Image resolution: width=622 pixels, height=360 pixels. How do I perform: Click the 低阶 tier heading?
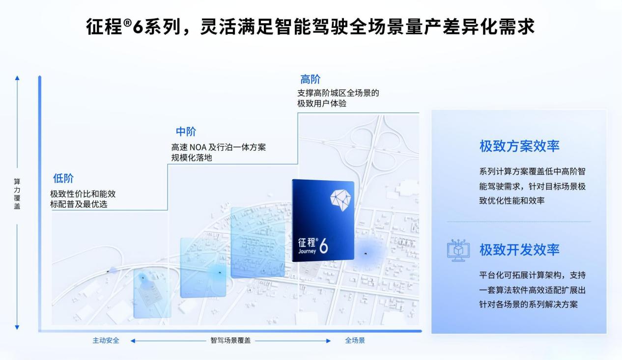[x=63, y=178]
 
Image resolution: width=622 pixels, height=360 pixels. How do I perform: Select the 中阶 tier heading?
[x=186, y=131]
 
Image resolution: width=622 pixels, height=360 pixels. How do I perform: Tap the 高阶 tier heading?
[x=310, y=80]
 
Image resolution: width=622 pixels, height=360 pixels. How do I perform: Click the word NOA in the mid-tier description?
[x=198, y=147]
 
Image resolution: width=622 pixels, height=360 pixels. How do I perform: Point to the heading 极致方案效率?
[x=519, y=146]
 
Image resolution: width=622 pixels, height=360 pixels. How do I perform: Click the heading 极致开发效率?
[x=519, y=249]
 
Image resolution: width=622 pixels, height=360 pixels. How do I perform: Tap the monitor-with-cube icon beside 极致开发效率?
[x=458, y=250]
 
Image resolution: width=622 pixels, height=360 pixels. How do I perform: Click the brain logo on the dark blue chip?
[x=340, y=200]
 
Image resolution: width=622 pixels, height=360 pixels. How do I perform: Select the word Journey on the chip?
[x=307, y=251]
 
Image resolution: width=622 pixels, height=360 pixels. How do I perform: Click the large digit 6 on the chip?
[x=323, y=246]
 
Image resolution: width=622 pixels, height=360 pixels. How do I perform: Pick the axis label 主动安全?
[x=106, y=340]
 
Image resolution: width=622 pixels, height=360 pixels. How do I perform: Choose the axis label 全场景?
[x=355, y=340]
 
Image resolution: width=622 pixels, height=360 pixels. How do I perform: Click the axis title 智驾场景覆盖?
[x=230, y=340]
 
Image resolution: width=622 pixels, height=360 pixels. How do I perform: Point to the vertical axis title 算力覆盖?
[x=17, y=194]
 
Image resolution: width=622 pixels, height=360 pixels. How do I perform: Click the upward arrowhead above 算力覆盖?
[x=17, y=78]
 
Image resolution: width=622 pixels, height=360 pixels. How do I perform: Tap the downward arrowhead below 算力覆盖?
[x=17, y=328]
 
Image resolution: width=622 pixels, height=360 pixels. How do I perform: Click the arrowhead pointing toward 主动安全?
[x=133, y=341]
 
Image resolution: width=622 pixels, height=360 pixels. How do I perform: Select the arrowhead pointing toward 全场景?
[x=329, y=341]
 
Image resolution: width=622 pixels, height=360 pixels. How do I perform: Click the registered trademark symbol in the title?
[x=127, y=23]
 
